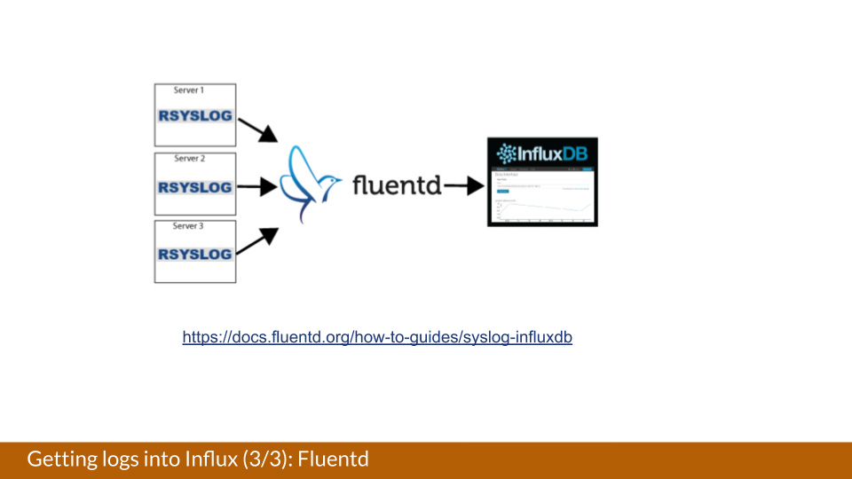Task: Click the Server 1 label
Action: pos(188,90)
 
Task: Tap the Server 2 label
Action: pos(189,159)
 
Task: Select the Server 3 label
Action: pos(188,226)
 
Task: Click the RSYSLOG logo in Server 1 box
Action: pos(195,115)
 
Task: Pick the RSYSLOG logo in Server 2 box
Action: pos(195,187)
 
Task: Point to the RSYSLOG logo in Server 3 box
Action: pos(195,255)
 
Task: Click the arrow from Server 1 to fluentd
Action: pos(258,130)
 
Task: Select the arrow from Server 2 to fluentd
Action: pos(258,187)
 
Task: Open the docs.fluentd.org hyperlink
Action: pos(377,338)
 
